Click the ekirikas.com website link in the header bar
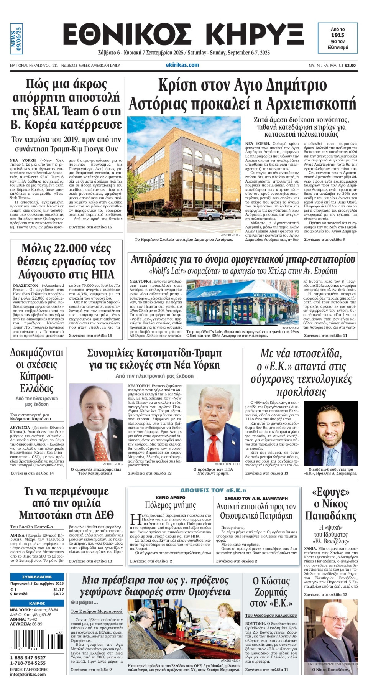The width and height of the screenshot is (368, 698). [x=182, y=65]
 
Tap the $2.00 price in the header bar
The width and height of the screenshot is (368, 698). [x=350, y=66]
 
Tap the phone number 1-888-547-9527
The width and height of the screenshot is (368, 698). [x=28, y=658]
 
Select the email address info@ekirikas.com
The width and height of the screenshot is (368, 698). [x=28, y=675]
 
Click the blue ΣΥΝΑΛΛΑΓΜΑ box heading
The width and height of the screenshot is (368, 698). [x=37, y=577]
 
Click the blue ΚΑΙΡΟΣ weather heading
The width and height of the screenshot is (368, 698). [x=37, y=603]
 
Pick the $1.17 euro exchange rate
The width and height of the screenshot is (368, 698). [x=58, y=589]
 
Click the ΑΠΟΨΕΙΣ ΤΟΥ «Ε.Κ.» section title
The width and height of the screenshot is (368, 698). [x=213, y=491]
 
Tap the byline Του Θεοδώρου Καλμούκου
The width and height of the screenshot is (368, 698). [x=271, y=615]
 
